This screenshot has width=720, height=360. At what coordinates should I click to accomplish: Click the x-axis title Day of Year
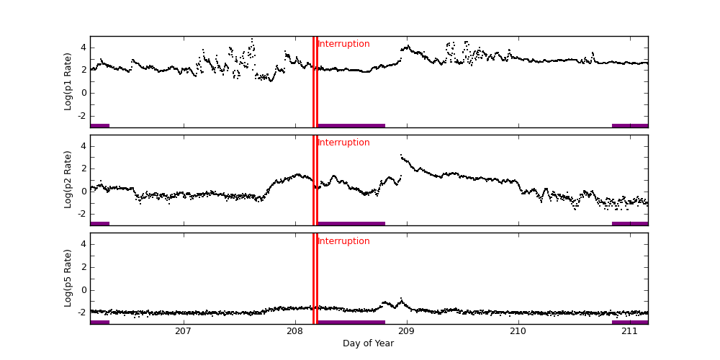point(368,343)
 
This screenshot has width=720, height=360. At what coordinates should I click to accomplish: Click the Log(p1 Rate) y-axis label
point(68,81)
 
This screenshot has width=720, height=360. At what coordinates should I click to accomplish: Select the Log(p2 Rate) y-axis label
point(68,179)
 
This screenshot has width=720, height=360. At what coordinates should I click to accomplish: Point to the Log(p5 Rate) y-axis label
point(68,278)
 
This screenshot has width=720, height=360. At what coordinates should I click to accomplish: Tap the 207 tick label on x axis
point(183,331)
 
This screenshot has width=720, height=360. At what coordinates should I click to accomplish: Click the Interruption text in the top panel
point(344,44)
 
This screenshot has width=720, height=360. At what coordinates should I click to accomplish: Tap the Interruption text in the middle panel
point(344,143)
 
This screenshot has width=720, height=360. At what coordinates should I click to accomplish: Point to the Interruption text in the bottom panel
point(344,241)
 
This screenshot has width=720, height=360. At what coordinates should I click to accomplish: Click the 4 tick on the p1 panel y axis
point(83,48)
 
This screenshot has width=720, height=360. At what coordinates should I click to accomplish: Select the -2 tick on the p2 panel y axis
point(81,214)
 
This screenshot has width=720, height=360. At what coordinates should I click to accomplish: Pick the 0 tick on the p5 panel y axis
point(83,290)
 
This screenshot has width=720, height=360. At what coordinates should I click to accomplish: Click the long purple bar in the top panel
point(351,125)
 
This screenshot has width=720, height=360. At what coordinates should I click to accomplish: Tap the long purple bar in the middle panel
point(351,223)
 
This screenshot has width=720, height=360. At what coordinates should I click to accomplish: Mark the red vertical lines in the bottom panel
point(315,281)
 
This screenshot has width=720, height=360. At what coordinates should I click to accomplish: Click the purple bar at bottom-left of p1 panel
point(99,125)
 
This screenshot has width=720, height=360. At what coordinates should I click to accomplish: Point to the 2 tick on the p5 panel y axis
point(83,267)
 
